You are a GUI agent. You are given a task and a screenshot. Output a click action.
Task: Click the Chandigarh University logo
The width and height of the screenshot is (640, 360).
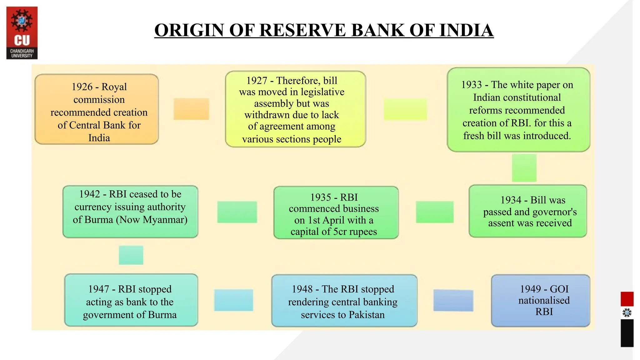pos(22,33)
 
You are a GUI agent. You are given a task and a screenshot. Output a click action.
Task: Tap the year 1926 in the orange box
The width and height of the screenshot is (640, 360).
pos(82,87)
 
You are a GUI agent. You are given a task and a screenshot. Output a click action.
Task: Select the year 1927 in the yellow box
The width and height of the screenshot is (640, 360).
pos(257,81)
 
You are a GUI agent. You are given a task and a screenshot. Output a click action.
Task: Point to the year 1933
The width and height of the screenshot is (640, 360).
pos(472,85)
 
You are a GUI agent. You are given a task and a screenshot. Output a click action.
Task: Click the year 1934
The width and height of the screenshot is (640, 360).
pos(511,200)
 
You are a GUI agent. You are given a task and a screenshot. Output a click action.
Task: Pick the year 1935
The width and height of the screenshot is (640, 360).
pos(321,197)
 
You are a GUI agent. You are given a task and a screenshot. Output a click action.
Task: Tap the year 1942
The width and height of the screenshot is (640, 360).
pos(89,194)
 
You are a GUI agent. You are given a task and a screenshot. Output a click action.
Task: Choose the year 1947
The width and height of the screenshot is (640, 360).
pos(98,289)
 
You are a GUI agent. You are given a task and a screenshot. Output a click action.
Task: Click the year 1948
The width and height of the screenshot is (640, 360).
pos(302,289)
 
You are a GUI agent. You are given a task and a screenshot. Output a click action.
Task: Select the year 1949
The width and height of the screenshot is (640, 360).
pos(530,289)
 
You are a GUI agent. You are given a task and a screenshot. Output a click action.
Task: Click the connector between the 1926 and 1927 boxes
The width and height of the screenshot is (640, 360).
pos(191,109)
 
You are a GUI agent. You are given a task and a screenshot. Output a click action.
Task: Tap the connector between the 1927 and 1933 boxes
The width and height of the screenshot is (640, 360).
pos(405,109)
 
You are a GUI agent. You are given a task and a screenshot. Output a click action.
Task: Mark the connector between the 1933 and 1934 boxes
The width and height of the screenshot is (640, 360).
pos(524,168)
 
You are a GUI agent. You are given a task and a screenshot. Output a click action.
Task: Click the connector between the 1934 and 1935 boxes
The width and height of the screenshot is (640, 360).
pos(434,212)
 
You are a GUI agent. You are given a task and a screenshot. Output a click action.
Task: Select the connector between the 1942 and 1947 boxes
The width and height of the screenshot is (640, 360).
pos(131,255)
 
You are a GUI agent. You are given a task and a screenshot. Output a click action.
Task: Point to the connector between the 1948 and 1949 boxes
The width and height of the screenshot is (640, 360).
pos(453,300)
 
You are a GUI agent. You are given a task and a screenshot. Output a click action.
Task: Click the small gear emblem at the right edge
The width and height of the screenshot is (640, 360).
pos(627,313)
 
